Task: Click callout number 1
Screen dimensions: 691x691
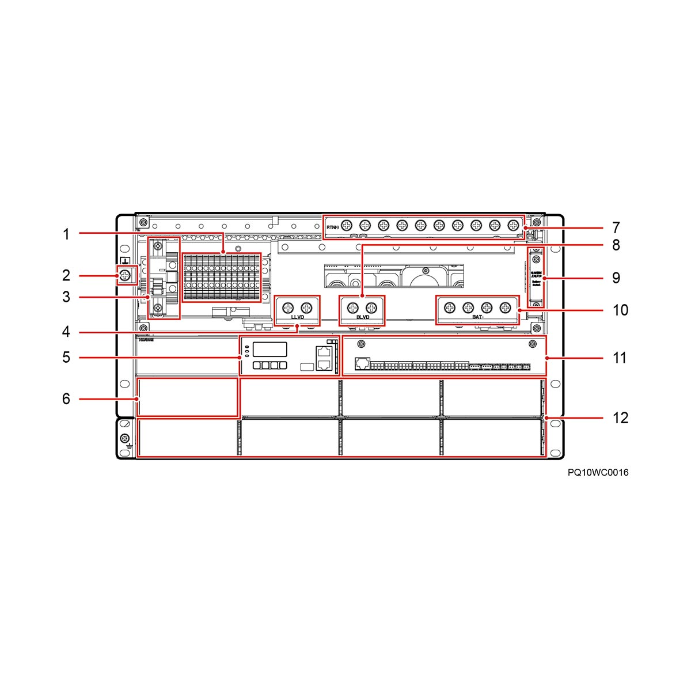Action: [66, 234]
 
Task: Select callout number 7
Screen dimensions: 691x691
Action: [616, 227]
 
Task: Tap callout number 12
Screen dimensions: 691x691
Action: [620, 417]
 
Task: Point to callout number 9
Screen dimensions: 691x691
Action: [616, 278]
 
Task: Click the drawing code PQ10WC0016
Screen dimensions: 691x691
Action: [598, 473]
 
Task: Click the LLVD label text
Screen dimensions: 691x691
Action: [298, 317]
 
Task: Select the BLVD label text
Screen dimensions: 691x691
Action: [363, 317]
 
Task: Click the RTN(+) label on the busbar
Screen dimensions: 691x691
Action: [332, 228]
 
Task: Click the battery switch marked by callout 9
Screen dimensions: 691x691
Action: [536, 278]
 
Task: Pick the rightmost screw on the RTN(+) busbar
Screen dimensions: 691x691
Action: [512, 225]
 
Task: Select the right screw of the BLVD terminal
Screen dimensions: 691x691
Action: [371, 307]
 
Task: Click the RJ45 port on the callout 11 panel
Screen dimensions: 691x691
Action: [362, 363]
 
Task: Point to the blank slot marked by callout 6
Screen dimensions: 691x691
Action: [187, 397]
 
